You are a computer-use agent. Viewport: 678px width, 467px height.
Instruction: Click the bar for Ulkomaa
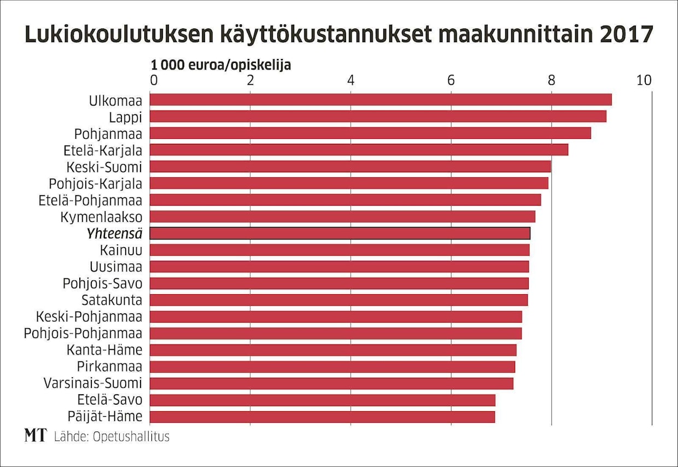380,100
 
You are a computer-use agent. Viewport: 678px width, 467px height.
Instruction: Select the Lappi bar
377,116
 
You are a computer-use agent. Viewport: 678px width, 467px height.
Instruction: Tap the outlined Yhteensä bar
340,234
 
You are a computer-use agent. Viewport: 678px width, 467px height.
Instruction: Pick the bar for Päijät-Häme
322,417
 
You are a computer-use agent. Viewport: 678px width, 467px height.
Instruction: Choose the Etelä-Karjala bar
359,150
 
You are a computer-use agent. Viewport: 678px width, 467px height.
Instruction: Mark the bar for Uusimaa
339,267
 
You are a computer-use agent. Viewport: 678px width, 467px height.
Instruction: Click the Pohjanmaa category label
108,133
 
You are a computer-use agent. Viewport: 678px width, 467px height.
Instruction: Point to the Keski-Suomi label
104,167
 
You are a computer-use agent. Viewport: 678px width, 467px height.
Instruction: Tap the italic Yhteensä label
114,234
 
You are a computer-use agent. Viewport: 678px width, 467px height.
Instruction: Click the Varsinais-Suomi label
93,383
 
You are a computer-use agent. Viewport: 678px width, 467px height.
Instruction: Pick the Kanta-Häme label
104,350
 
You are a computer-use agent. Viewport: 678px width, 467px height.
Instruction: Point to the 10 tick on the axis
644,80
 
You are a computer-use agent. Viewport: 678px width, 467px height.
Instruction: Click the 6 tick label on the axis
451,80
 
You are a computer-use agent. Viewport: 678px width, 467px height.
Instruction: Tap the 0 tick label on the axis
154,80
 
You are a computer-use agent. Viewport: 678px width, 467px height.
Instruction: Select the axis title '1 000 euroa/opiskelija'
221,65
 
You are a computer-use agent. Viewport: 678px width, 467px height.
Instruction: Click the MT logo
36,436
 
